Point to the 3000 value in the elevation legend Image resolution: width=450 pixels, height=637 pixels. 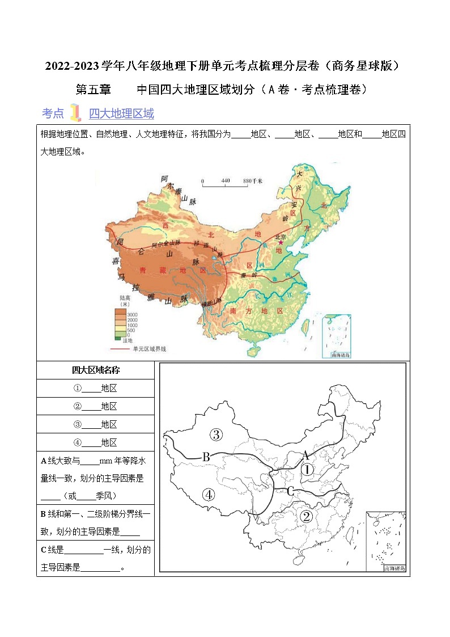(132, 314)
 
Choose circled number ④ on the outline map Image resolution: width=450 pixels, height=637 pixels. (209, 495)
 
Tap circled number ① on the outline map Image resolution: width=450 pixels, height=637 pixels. (306, 470)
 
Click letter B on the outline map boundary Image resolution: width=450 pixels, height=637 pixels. (207, 457)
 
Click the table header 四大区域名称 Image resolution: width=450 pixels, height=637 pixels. (95, 370)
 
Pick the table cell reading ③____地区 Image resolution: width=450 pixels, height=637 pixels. (95, 424)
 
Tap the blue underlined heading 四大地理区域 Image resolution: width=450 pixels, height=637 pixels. (121, 113)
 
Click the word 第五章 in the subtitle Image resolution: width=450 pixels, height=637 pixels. (94, 89)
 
